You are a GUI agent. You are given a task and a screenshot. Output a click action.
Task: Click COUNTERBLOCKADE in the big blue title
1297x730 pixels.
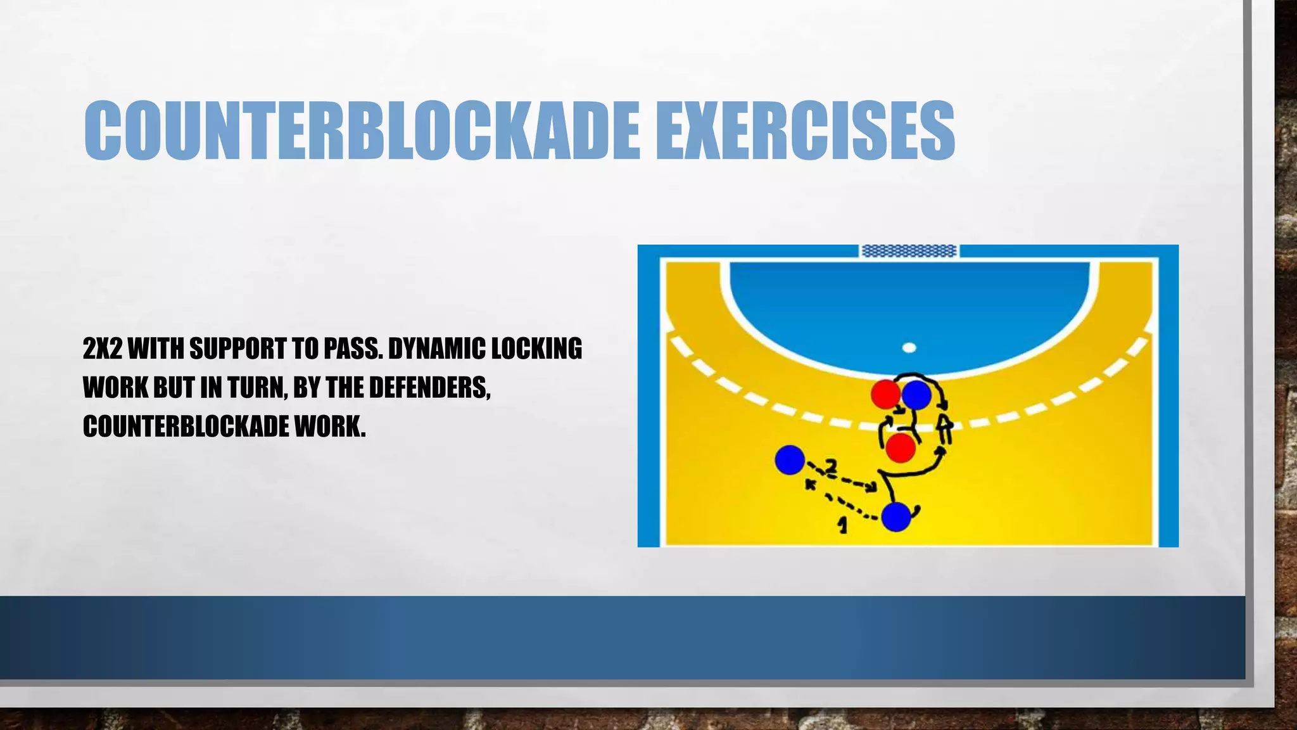[x=362, y=130]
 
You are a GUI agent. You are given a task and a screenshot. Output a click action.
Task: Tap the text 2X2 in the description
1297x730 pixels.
[x=102, y=349]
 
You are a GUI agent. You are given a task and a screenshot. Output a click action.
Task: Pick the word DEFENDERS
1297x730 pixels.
[x=429, y=387]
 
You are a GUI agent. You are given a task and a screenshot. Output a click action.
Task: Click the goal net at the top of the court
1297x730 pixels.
[x=909, y=251]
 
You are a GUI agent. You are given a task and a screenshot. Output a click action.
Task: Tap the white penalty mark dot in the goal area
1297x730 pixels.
[x=909, y=347]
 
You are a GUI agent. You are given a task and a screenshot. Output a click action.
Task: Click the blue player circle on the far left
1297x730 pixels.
[x=790, y=459]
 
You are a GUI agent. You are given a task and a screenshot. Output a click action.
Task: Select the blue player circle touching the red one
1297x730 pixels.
[x=916, y=395]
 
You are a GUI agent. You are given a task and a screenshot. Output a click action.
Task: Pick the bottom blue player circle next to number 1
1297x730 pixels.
[x=896, y=516]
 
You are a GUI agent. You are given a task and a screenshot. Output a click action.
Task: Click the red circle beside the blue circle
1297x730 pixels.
[x=885, y=394]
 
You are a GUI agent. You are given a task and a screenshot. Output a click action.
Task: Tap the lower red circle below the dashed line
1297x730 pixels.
[x=900, y=448]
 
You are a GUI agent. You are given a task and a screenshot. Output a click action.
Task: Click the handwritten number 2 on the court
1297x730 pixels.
[x=830, y=467]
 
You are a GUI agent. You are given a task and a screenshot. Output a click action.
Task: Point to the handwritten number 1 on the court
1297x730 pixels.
[x=842, y=525]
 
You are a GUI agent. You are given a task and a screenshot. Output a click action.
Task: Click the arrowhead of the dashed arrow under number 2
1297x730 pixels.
[x=873, y=487]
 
